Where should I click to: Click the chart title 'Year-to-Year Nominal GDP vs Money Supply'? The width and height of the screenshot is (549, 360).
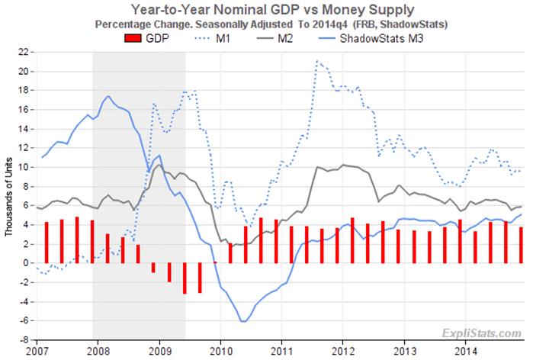pyautogui.click(x=274, y=10)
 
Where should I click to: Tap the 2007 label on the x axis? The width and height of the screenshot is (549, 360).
pyautogui.click(x=36, y=353)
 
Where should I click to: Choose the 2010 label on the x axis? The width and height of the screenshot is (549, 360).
pyautogui.click(x=220, y=353)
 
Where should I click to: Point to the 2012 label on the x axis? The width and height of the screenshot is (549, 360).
pyautogui.click(x=343, y=353)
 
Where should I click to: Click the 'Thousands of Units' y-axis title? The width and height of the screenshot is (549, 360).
pyautogui.click(x=9, y=197)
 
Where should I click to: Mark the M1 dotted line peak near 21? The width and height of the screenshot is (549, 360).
pyautogui.click(x=316, y=60)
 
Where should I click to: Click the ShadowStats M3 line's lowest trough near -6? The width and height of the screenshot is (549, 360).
pyautogui.click(x=243, y=321)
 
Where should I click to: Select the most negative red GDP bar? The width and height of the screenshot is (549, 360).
pyautogui.click(x=185, y=278)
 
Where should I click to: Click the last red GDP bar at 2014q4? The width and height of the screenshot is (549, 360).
pyautogui.click(x=521, y=245)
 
